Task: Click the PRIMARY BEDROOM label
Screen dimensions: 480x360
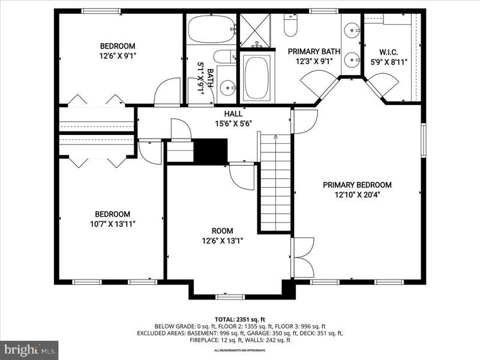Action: pos(357,185)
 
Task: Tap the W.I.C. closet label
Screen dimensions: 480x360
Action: pos(389,52)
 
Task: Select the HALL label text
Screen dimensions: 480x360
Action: pos(233,114)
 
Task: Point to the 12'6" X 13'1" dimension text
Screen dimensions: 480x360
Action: pos(223,241)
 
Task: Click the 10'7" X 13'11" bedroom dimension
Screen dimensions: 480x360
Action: pos(113,224)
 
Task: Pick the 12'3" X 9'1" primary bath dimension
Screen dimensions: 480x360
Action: pos(314,61)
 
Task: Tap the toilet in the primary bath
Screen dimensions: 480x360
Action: pos(290,25)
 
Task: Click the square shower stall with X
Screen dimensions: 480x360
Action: pos(255,31)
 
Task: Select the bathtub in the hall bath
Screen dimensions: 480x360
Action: pos(211,29)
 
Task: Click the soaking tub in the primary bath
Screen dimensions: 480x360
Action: pos(257,77)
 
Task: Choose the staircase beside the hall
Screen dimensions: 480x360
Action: pos(275,182)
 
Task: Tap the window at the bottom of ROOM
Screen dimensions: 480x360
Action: pos(230,296)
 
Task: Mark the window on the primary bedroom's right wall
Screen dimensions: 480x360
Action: pos(424,140)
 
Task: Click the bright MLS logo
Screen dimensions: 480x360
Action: pos(29,349)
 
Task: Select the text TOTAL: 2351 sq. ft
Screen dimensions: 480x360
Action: pos(239,320)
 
